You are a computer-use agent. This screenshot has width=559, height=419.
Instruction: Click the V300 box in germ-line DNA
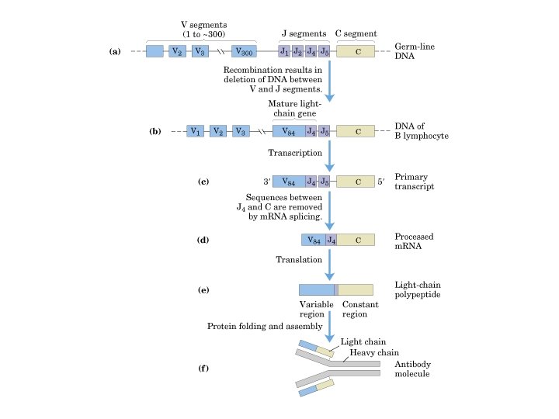(244, 51)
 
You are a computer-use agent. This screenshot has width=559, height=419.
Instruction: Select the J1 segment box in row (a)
(285, 51)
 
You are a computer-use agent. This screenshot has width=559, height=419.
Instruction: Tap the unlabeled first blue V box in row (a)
(155, 51)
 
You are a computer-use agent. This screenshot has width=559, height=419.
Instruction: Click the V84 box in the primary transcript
(288, 182)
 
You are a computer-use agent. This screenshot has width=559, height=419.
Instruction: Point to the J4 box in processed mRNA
(330, 240)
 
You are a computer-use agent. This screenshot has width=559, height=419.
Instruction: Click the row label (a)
(116, 52)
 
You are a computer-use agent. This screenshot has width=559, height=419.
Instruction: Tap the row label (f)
(204, 367)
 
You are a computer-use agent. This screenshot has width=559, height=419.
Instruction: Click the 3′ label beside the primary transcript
(266, 182)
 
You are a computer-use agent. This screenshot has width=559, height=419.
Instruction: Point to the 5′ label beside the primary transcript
(380, 182)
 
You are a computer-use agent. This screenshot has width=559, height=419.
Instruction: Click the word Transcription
(294, 153)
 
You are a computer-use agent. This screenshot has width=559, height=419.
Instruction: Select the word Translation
(298, 260)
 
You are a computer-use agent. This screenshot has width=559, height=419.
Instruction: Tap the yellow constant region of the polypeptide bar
(355, 289)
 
